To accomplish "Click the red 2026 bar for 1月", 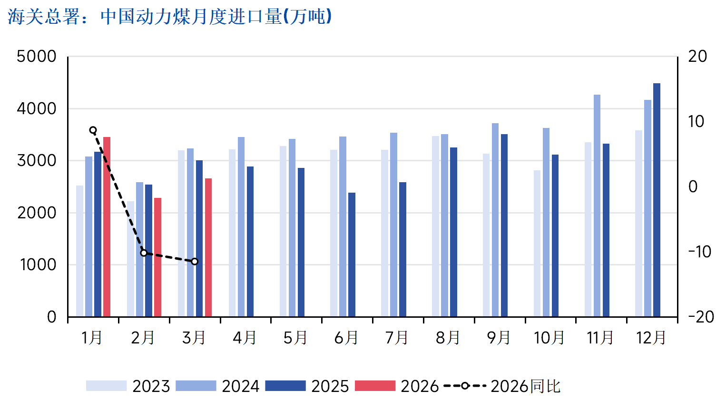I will (107, 226).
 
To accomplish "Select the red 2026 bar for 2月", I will (157, 257).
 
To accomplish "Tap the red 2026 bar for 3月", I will (208, 247).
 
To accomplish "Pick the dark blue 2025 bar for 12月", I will (657, 200).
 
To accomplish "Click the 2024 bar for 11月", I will (597, 205).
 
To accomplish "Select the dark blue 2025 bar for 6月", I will (352, 254).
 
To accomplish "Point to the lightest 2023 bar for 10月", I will (537, 243).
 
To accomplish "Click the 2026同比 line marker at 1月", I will (93, 130).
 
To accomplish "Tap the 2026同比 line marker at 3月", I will (195, 262).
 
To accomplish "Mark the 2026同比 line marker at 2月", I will (144, 253).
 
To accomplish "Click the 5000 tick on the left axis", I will (37, 57).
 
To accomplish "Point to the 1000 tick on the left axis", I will (38, 265).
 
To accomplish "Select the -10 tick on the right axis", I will (699, 252).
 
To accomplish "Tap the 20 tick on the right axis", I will (697, 57).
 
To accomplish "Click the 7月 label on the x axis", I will (397, 338).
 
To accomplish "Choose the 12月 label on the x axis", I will (651, 338).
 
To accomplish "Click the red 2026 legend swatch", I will (375, 386).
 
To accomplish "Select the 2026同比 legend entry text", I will (525, 386).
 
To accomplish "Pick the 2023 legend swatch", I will (106, 386).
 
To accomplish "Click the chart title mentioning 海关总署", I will (169, 17).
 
